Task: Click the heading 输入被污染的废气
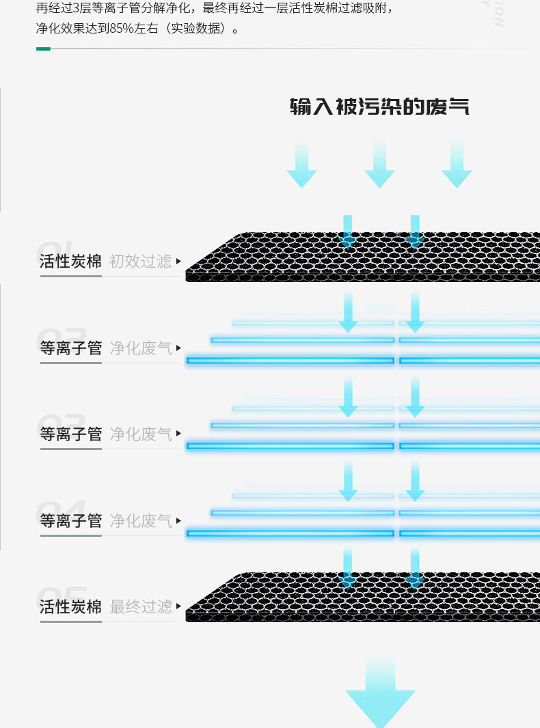(379, 107)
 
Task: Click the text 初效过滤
(141, 261)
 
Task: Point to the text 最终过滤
(141, 606)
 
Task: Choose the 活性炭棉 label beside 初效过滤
(70, 261)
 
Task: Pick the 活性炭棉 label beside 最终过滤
(70, 606)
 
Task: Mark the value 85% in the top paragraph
(120, 30)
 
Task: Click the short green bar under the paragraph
(43, 49)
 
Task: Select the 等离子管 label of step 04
(70, 520)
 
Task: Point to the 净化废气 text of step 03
(141, 434)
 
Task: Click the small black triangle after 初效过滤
(179, 262)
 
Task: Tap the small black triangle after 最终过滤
(179, 606)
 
